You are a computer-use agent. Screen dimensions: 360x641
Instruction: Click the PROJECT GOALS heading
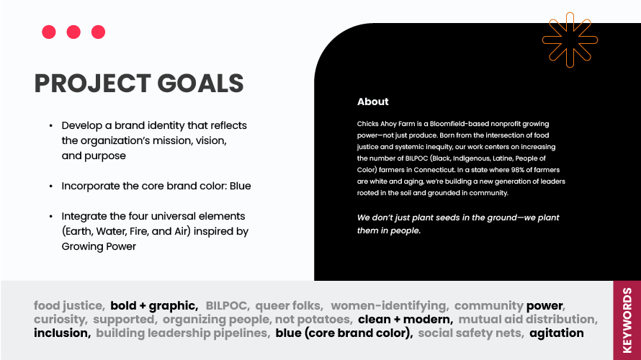tap(139, 84)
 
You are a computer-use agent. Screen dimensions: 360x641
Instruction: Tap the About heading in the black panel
tap(372, 102)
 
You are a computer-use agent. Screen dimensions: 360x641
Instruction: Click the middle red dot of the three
tap(73, 32)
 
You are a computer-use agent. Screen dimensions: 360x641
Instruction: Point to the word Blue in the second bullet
tap(240, 186)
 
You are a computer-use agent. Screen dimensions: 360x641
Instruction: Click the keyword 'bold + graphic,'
tap(154, 306)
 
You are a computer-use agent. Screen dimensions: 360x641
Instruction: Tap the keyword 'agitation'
tap(556, 333)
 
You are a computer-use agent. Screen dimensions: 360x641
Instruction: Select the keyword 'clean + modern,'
tap(405, 320)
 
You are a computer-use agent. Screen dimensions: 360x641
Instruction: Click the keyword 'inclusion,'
tap(62, 333)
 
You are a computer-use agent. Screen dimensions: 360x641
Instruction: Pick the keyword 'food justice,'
tap(69, 306)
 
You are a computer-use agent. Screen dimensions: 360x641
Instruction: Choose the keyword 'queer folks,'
tap(289, 306)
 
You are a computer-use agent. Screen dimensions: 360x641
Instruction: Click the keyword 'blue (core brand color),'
tap(344, 333)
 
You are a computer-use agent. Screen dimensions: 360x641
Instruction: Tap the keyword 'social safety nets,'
tap(470, 333)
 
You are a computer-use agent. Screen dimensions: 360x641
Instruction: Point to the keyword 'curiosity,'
tap(60, 320)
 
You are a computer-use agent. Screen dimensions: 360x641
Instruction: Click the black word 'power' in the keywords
tap(545, 306)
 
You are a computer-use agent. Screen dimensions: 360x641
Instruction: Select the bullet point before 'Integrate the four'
tap(51, 216)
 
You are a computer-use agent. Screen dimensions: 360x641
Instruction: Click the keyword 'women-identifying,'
tap(389, 306)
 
